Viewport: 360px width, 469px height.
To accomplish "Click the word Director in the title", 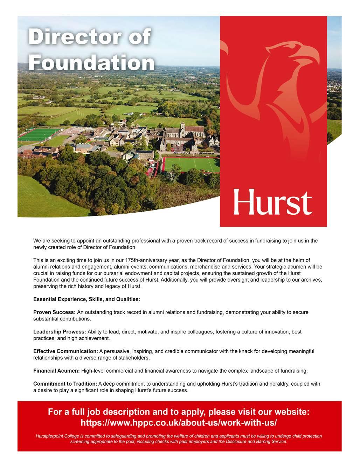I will tap(72, 37).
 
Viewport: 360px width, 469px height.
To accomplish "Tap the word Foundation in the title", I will tap(91, 63).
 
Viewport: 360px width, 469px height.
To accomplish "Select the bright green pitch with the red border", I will tap(191, 164).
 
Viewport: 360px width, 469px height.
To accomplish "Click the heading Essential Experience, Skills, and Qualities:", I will tap(86, 299).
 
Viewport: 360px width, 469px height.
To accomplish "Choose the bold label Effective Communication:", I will tap(65, 351).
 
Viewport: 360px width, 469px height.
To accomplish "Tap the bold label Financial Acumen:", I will tap(56, 371).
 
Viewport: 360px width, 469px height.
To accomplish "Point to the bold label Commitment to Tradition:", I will tap(65, 384).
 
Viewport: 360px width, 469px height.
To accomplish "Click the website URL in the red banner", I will tap(179, 423).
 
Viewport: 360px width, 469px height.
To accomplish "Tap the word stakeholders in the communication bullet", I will tap(134, 358).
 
